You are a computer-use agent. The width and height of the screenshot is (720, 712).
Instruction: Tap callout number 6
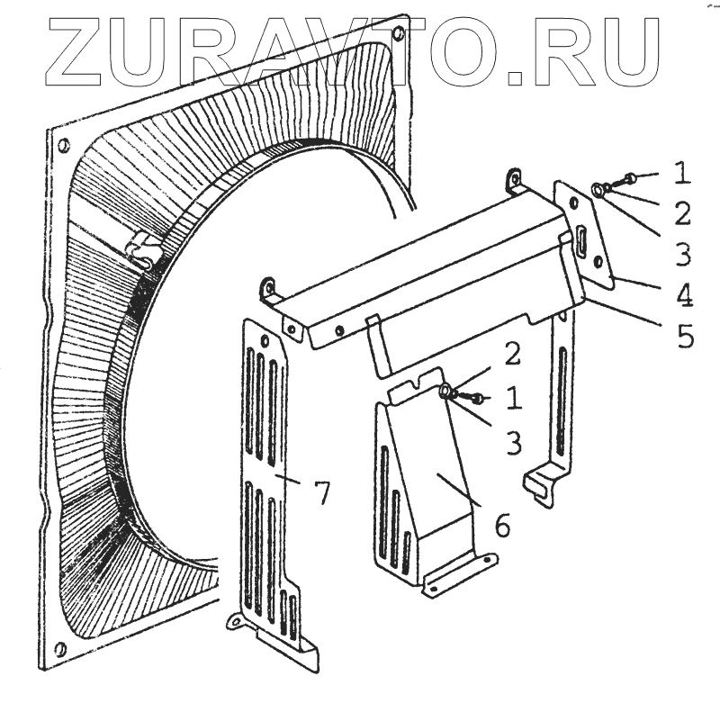[x=501, y=525]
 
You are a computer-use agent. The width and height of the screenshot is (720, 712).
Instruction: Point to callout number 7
[x=321, y=491]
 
